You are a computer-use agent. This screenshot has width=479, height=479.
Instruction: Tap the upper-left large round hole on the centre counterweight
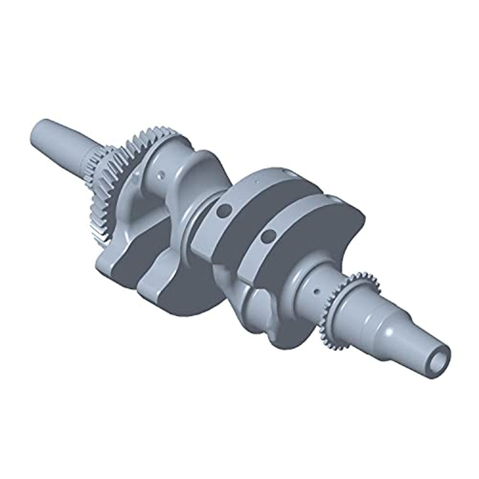(x=222, y=209)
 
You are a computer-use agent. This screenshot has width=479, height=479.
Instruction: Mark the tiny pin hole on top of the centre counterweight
(x=257, y=181)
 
